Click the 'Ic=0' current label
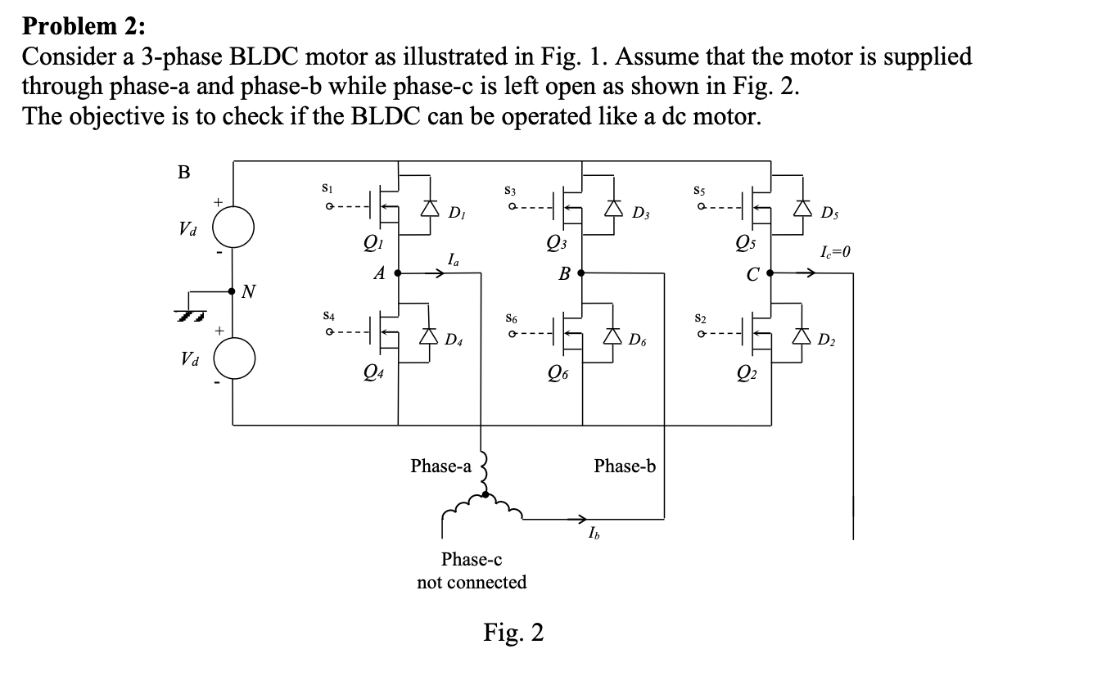pyautogui.click(x=834, y=252)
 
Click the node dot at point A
pyautogui.click(x=398, y=274)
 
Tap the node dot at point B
pyautogui.click(x=582, y=274)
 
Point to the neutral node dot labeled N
pyautogui.click(x=233, y=290)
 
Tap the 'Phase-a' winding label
pyautogui.click(x=440, y=466)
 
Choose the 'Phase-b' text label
pyautogui.click(x=625, y=466)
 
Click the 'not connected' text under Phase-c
pyautogui.click(x=472, y=583)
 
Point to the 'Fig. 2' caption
pyautogui.click(x=513, y=633)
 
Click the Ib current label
pyautogui.click(x=594, y=535)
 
